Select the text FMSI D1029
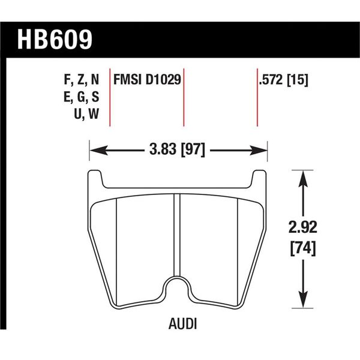click(148, 79)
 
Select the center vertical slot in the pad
click(178, 234)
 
